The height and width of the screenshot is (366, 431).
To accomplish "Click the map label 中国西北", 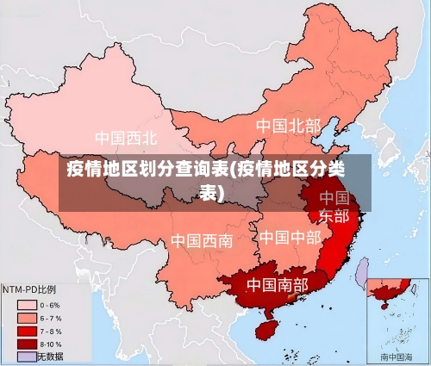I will (126, 138).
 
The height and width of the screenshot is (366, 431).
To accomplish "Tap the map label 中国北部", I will (288, 127).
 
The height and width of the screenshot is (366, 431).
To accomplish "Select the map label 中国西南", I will (201, 240).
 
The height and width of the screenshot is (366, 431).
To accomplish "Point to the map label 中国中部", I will (290, 237).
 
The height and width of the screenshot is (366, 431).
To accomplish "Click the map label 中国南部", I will (277, 283).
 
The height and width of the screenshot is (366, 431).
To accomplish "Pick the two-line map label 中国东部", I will (334, 207).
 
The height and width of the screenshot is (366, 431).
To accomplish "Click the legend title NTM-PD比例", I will (29, 289).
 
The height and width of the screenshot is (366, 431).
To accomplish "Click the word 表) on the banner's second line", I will (211, 192).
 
